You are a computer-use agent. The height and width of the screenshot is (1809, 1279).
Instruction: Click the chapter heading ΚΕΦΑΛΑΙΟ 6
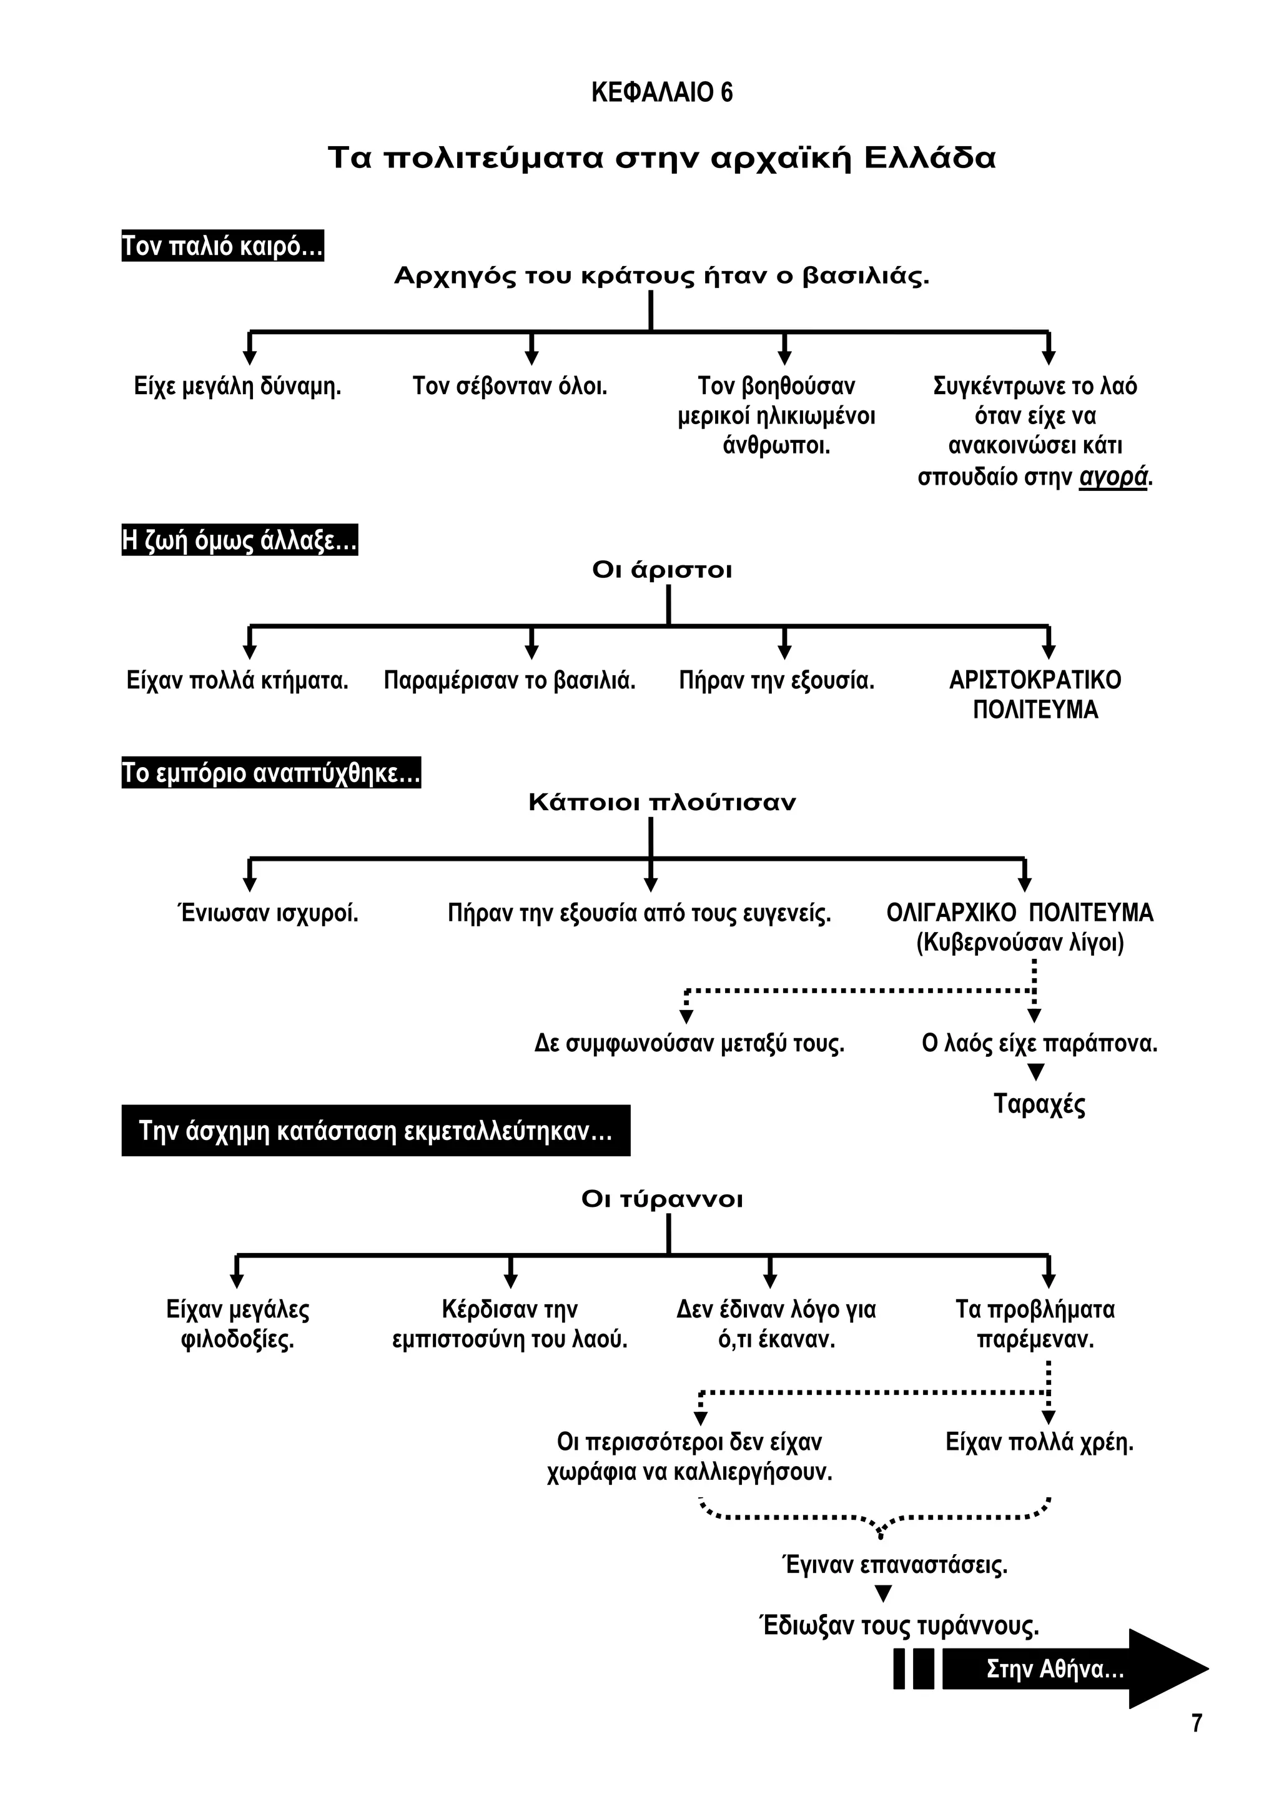pyautogui.click(x=661, y=93)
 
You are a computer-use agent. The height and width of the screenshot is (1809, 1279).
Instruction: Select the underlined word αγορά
pyautogui.click(x=1112, y=477)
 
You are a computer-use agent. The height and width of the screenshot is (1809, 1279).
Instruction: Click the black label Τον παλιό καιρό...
pyautogui.click(x=223, y=247)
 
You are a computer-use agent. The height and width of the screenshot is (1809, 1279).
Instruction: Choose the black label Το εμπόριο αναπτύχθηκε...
pyautogui.click(x=271, y=773)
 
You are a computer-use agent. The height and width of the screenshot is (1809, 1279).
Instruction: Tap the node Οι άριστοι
pyautogui.click(x=661, y=570)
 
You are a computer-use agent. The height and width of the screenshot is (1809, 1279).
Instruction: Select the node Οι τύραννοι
pyautogui.click(x=661, y=1200)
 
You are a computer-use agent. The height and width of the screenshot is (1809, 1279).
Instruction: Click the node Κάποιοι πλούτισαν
pyautogui.click(x=661, y=803)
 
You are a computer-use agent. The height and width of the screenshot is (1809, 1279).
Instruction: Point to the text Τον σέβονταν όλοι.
pyautogui.click(x=510, y=387)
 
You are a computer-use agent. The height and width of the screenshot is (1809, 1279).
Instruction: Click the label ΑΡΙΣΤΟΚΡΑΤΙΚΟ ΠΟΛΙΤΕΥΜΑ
pyautogui.click(x=1035, y=695)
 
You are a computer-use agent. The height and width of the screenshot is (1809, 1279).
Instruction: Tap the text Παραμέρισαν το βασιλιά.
pyautogui.click(x=510, y=681)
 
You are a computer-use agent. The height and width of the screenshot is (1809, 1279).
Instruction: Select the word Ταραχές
pyautogui.click(x=1039, y=1104)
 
